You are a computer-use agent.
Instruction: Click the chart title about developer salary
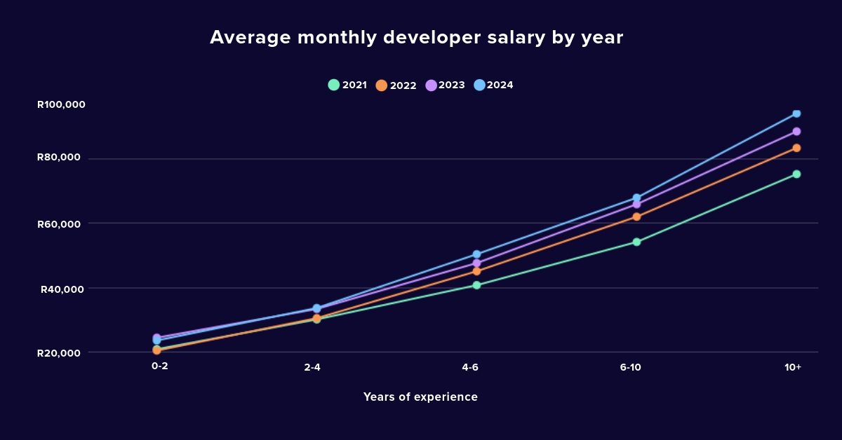click(x=416, y=38)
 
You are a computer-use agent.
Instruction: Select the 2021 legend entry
click(x=348, y=85)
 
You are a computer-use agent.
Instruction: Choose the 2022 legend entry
click(x=396, y=85)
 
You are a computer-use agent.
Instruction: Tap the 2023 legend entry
click(x=446, y=85)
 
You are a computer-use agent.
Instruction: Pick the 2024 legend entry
click(x=494, y=85)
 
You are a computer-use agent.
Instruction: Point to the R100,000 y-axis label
click(x=61, y=104)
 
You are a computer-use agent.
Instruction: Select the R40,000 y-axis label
click(x=63, y=289)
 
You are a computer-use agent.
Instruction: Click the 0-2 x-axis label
click(x=159, y=366)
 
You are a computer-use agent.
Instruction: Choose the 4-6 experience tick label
click(x=470, y=367)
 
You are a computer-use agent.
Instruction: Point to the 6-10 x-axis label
click(x=630, y=367)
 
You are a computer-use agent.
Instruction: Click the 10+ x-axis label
click(x=793, y=367)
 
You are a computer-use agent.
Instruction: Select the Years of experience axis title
click(x=420, y=397)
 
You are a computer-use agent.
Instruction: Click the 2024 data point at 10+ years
click(x=796, y=114)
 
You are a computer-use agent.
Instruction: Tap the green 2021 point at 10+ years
click(x=796, y=174)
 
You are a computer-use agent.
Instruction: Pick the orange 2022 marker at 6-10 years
click(x=636, y=216)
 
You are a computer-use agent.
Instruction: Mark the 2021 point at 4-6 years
click(x=476, y=285)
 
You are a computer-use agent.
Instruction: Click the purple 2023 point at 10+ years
click(x=796, y=131)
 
